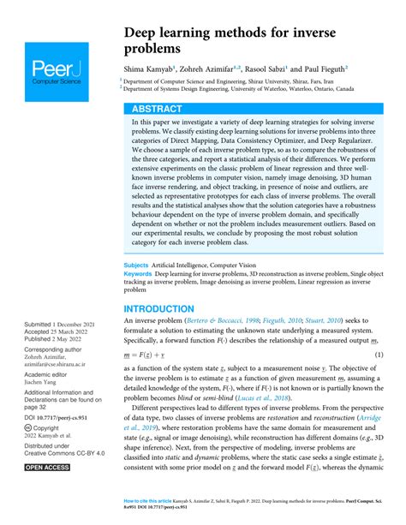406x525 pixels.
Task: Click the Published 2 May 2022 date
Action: (x=57, y=339)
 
